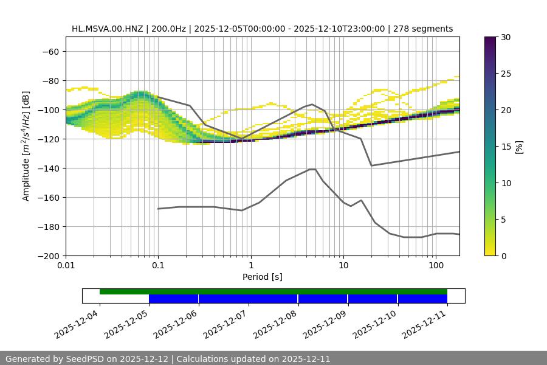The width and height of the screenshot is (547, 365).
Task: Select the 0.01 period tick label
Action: point(66,265)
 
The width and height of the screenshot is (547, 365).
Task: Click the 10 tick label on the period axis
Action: point(343,265)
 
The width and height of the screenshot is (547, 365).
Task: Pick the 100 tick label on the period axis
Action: point(436,265)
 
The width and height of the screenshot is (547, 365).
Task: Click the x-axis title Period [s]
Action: point(263,277)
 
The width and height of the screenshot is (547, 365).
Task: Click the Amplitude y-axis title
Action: point(26,146)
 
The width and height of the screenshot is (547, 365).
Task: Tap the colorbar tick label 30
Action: point(505,37)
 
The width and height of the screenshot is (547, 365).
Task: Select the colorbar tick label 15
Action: point(505,147)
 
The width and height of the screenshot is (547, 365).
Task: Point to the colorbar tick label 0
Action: point(503,255)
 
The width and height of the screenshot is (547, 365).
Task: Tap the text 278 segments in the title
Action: point(423,29)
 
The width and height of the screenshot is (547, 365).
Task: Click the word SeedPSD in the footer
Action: point(86,359)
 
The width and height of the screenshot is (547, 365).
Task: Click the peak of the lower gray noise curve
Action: point(312,169)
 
